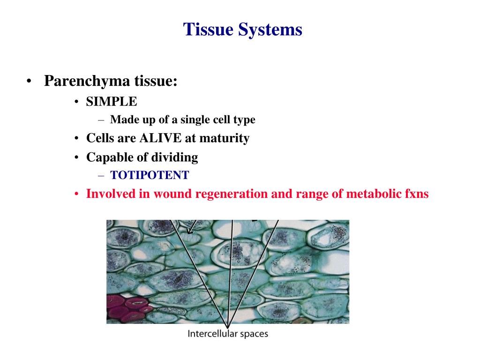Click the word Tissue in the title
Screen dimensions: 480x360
208,30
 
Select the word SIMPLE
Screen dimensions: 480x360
112,102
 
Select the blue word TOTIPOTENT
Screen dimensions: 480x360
150,175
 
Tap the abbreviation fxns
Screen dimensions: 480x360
416,194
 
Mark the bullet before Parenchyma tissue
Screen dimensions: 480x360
29,82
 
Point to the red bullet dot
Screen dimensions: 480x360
77,194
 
